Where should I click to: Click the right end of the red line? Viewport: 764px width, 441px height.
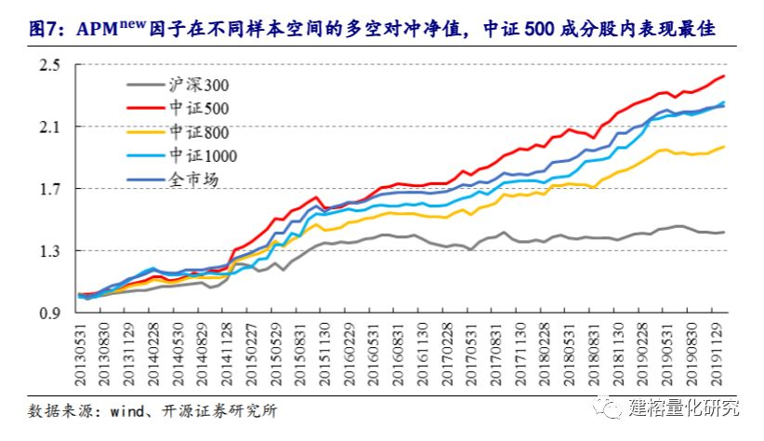tap(724, 76)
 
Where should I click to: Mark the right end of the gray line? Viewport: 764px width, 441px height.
tap(724, 232)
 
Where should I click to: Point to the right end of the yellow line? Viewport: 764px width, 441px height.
tap(724, 147)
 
